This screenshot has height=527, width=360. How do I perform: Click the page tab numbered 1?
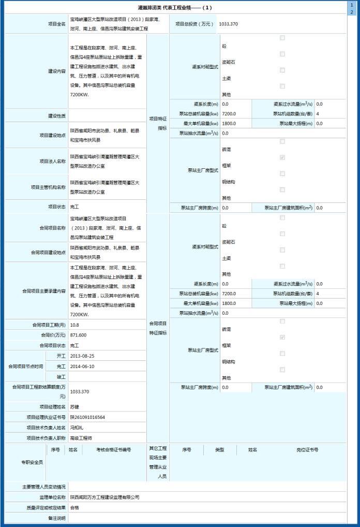pos(352,4)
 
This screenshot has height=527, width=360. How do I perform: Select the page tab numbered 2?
pos(352,11)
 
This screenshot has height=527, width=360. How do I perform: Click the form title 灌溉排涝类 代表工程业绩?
pos(175,8)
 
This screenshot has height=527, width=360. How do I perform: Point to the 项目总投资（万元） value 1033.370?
pos(228,24)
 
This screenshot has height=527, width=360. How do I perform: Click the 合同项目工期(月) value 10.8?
pos(74,325)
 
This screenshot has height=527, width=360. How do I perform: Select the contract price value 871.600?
pos(78,335)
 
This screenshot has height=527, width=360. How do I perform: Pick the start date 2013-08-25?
pos(82,356)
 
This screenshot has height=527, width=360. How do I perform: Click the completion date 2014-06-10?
pos(82,367)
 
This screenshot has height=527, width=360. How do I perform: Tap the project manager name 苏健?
pos(76,407)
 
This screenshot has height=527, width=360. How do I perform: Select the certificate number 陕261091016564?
pos(87,417)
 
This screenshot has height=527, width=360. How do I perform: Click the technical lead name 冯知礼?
pos(77,428)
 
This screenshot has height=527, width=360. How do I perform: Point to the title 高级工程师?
pos(81,438)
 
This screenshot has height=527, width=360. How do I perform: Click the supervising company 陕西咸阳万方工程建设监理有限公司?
pos(105,497)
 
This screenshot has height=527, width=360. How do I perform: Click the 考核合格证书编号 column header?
pos(113,450)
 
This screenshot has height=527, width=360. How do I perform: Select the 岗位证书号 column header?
pos(307,450)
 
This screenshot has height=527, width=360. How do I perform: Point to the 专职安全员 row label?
pos(33,462)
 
